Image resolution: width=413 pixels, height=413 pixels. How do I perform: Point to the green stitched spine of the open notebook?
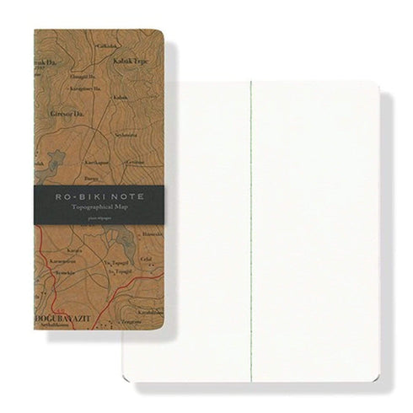(x=251, y=211)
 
